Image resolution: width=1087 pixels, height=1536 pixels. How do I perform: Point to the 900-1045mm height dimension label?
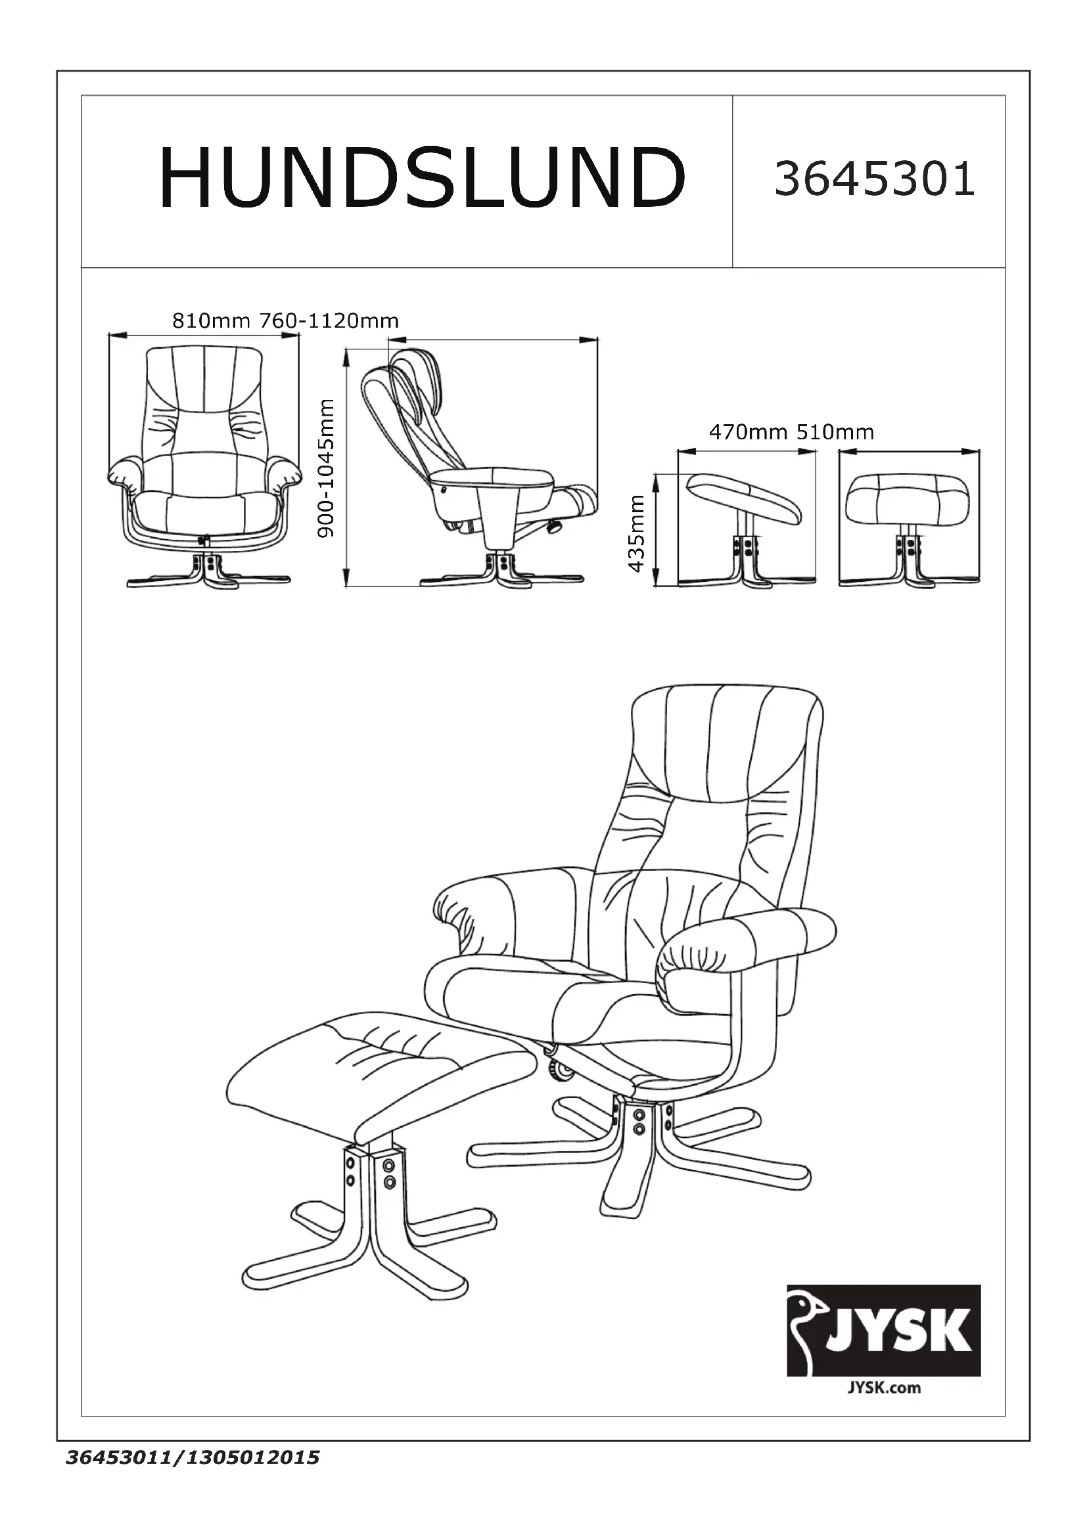[326, 468]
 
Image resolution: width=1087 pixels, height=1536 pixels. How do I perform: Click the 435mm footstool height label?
[637, 533]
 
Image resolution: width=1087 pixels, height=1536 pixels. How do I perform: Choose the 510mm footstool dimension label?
[835, 432]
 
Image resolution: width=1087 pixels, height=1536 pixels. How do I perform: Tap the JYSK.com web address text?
[883, 1388]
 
